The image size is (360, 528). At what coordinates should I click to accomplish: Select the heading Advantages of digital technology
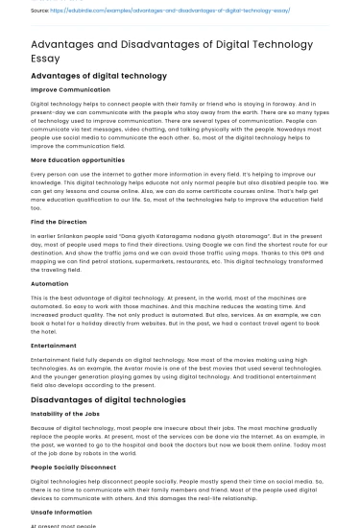[x=99, y=75]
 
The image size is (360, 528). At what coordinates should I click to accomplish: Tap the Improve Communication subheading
[x=71, y=89]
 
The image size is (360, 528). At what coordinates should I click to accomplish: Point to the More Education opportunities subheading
[x=83, y=159]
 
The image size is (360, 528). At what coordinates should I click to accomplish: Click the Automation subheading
[x=50, y=285]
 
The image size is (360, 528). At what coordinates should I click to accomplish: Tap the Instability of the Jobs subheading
[x=72, y=415]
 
